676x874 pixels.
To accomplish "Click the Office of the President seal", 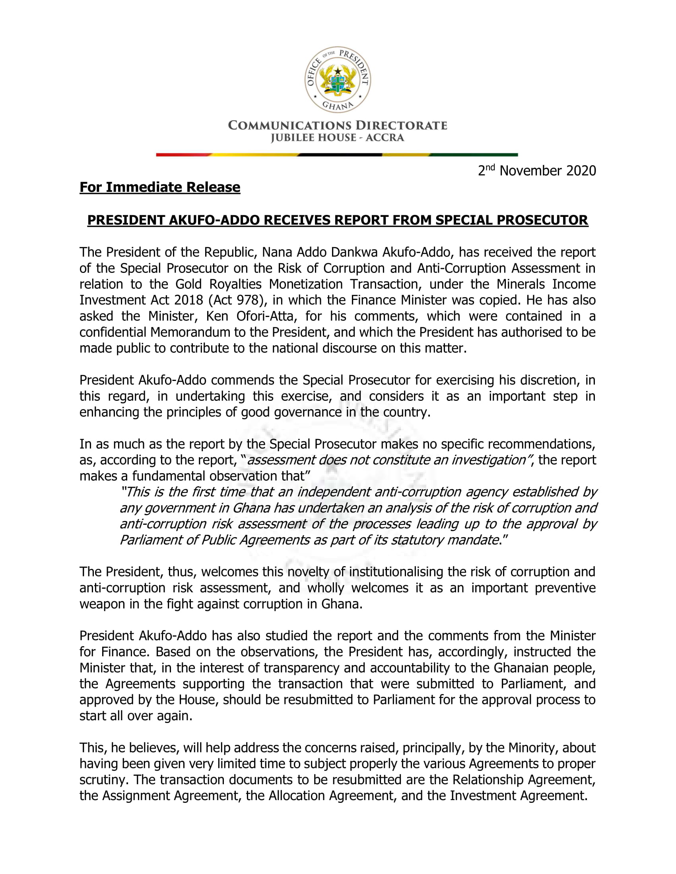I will tap(338, 79).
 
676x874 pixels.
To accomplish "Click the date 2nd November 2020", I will tap(537, 171).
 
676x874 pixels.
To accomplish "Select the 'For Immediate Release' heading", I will tap(160, 187).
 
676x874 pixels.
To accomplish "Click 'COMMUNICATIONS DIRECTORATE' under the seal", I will tap(338, 126).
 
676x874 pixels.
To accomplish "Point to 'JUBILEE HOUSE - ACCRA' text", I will tap(338, 138).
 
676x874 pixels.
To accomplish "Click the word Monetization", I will tap(305, 284).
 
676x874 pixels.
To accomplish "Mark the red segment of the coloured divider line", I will tap(182, 155).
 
